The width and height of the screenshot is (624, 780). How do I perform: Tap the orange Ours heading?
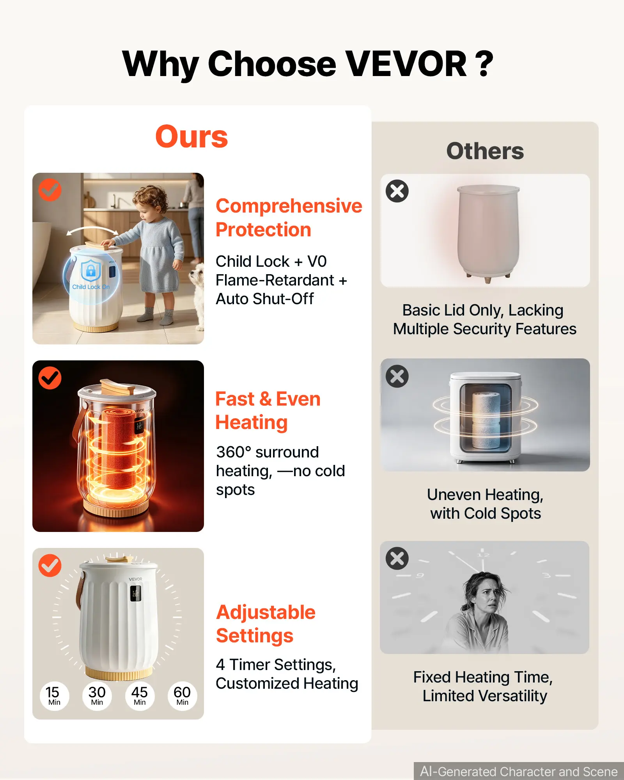click(x=191, y=136)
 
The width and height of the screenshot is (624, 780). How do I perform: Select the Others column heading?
click(x=485, y=151)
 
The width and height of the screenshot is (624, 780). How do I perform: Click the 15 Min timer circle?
click(x=54, y=696)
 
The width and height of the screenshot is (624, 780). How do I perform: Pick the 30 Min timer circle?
click(x=97, y=696)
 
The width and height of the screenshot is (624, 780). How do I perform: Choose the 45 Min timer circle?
click(x=140, y=696)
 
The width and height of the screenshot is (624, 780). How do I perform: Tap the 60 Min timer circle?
click(x=182, y=696)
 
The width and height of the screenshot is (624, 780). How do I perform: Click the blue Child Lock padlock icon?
click(x=91, y=270)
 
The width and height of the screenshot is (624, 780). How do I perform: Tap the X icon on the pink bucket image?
click(x=397, y=191)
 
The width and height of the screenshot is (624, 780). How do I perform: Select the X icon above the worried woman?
click(x=397, y=558)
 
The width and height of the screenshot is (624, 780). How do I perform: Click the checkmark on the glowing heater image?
click(x=50, y=378)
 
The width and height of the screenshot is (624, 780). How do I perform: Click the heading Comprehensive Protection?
click(x=289, y=218)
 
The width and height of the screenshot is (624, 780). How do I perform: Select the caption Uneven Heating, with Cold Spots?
click(x=485, y=504)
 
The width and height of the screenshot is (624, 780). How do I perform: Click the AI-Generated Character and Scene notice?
click(x=519, y=771)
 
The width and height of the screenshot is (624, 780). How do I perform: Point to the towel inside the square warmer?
click(x=486, y=420)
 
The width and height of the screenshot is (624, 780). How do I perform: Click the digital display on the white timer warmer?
click(x=135, y=593)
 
